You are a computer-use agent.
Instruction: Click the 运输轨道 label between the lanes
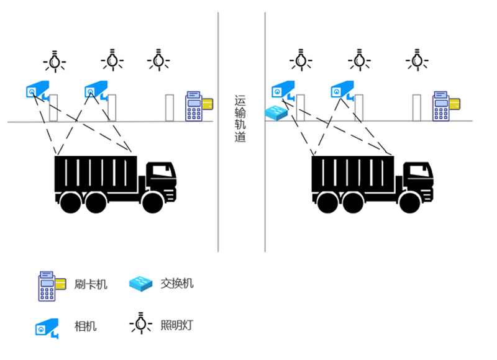241,119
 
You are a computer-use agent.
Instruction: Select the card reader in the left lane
198,106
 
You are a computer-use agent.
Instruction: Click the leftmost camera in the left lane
37,91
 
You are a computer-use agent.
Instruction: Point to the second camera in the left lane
96,91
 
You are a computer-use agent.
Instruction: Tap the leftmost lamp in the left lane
55,61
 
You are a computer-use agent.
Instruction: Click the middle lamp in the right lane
358,60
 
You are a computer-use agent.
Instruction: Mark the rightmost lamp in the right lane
416,60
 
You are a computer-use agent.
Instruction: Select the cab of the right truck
416,180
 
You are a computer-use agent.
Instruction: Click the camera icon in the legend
47,327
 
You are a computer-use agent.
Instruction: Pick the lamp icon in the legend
142,323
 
